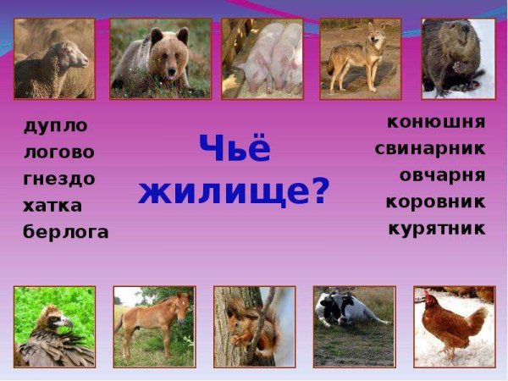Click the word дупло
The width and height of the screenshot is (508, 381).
(x=56, y=126)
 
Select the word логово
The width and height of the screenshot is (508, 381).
(x=58, y=152)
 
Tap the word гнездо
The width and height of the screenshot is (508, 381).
(x=58, y=179)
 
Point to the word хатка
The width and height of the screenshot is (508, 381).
(x=52, y=205)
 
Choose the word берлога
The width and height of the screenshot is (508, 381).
(x=65, y=232)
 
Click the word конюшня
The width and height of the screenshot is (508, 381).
(x=436, y=122)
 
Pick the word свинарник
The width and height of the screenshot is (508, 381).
(x=430, y=149)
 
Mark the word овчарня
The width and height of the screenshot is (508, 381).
(x=442, y=175)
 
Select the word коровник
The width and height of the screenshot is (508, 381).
(x=435, y=202)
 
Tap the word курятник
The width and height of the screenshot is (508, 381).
(x=437, y=228)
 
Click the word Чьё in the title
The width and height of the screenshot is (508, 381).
(x=235, y=150)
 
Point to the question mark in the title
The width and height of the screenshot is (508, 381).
(x=321, y=191)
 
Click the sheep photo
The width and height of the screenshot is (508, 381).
(x=55, y=58)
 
